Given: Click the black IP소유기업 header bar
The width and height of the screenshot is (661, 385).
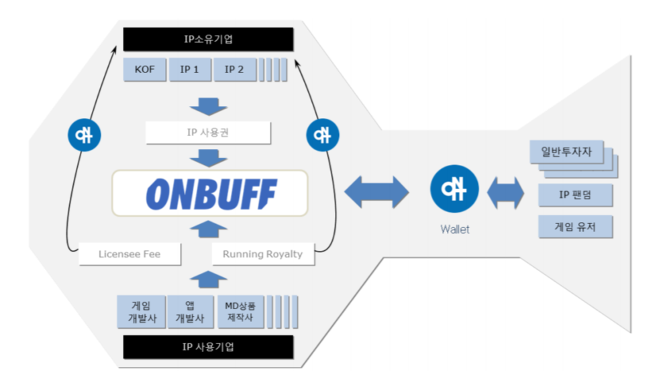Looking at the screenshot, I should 208,39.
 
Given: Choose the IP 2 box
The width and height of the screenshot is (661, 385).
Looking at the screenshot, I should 234,69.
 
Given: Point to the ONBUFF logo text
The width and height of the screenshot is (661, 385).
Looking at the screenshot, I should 210,193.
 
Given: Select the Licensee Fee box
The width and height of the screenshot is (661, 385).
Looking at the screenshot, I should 129,254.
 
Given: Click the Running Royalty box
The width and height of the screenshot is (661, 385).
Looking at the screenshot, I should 262,254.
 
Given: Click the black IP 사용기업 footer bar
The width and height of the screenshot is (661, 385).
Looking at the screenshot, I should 208,347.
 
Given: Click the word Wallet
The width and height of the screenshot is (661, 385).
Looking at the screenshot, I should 454,229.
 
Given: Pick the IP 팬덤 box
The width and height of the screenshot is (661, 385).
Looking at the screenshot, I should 575,195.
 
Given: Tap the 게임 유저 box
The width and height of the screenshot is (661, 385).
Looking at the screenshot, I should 575,227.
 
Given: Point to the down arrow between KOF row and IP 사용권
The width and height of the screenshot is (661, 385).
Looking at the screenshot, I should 208,106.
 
